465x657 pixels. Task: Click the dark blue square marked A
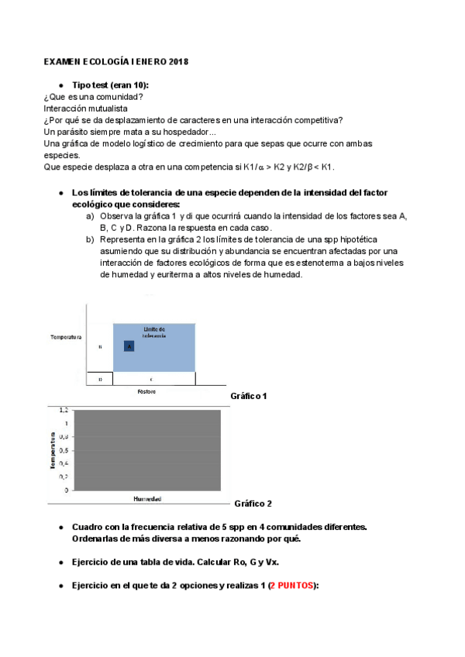click(x=129, y=346)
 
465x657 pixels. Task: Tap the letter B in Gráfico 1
click(x=101, y=346)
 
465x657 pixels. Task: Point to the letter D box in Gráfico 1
click(x=101, y=379)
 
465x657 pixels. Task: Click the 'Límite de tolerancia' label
click(x=155, y=332)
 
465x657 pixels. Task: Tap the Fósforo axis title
click(x=147, y=392)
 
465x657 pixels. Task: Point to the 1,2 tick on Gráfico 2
click(x=63, y=410)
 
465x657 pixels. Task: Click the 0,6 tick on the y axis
click(x=63, y=450)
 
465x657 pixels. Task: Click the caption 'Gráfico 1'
click(x=249, y=396)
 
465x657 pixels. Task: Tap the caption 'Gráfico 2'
click(x=253, y=504)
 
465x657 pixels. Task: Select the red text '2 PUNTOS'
click(x=292, y=586)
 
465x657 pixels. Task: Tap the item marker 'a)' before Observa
click(x=90, y=215)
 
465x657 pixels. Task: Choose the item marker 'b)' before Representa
click(x=90, y=239)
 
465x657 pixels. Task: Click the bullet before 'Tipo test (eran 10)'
click(x=61, y=84)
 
